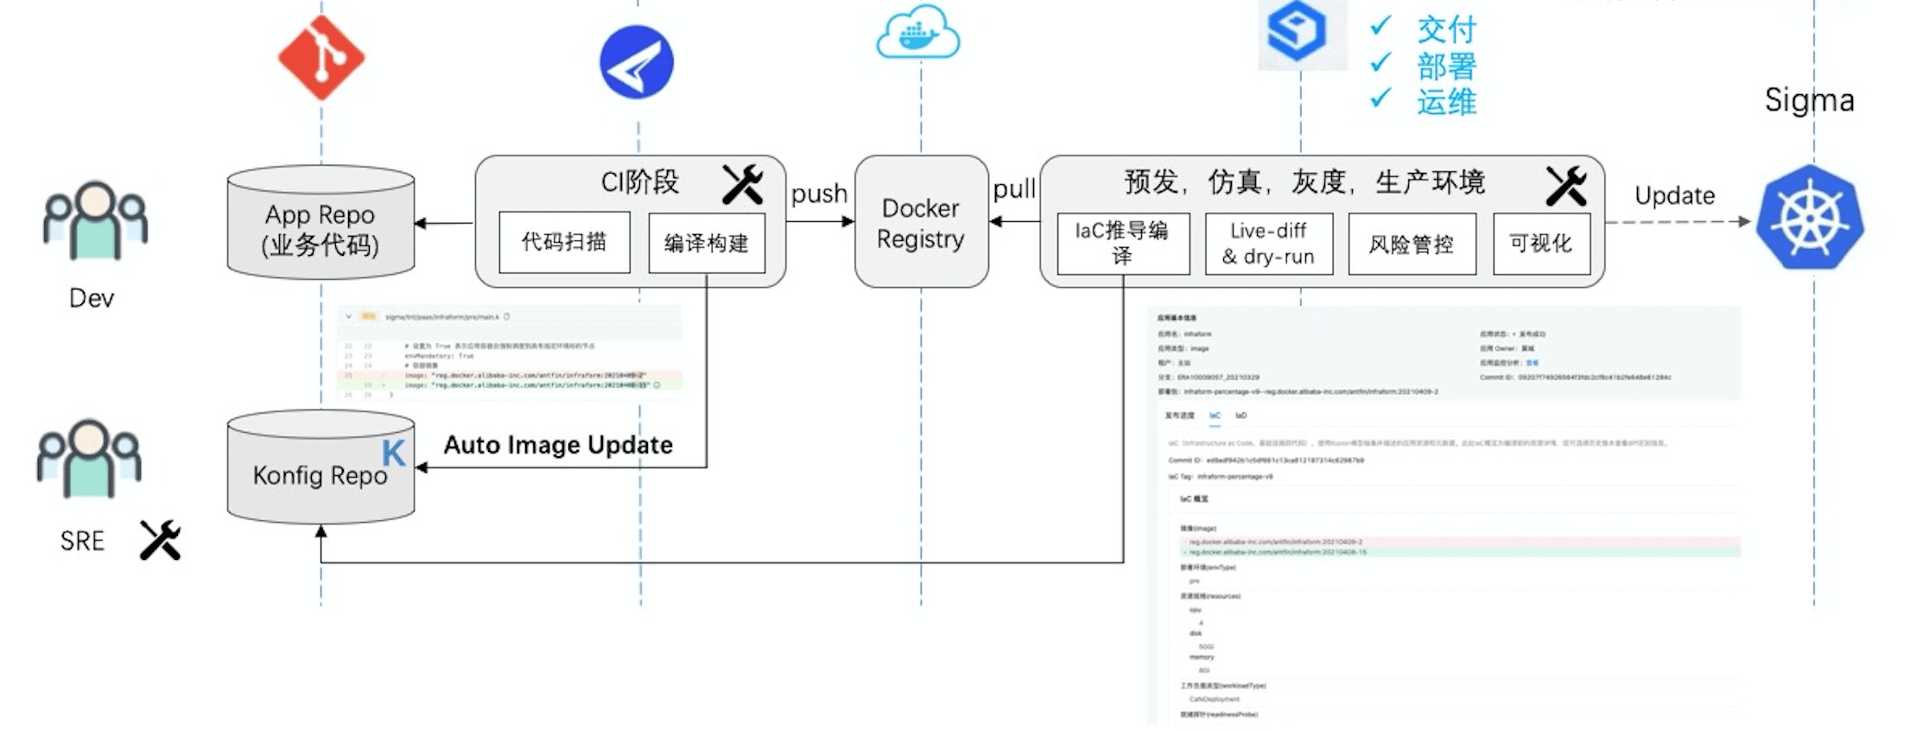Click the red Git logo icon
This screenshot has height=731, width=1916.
(321, 58)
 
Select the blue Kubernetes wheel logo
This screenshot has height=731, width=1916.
(1810, 218)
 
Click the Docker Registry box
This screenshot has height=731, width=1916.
(921, 222)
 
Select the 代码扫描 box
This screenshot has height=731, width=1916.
(564, 242)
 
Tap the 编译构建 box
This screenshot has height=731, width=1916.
(707, 244)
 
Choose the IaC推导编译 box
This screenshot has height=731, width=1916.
(1122, 243)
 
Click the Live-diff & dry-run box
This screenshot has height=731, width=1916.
(1268, 244)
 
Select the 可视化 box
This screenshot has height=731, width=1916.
(1541, 244)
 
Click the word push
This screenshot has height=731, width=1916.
(819, 194)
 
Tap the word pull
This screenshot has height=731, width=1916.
(1014, 189)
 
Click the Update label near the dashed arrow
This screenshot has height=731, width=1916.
(1674, 195)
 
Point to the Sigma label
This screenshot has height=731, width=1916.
(1809, 100)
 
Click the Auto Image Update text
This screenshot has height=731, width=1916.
(558, 445)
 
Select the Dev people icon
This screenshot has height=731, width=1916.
(95, 220)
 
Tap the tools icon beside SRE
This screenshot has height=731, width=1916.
(161, 540)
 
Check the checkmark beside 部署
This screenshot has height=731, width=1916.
(1380, 62)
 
